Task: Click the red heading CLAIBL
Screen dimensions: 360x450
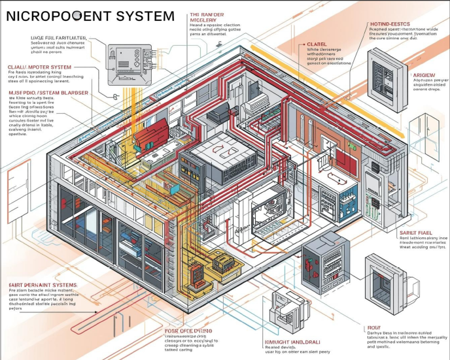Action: coord(317,44)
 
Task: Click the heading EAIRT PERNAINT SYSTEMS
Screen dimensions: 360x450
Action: coord(43,285)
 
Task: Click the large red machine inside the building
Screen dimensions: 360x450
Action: coord(151,133)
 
